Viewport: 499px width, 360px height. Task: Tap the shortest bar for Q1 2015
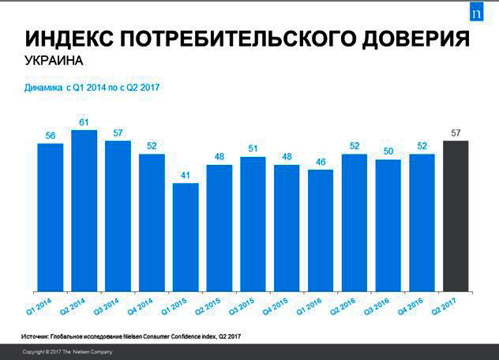tap(186, 238)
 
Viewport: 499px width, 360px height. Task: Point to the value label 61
tap(84, 122)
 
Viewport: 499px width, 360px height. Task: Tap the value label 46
tap(321, 162)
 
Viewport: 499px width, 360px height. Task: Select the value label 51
tap(253, 149)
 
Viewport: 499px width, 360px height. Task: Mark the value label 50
tap(388, 152)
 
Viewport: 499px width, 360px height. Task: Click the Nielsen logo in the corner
tap(475, 13)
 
